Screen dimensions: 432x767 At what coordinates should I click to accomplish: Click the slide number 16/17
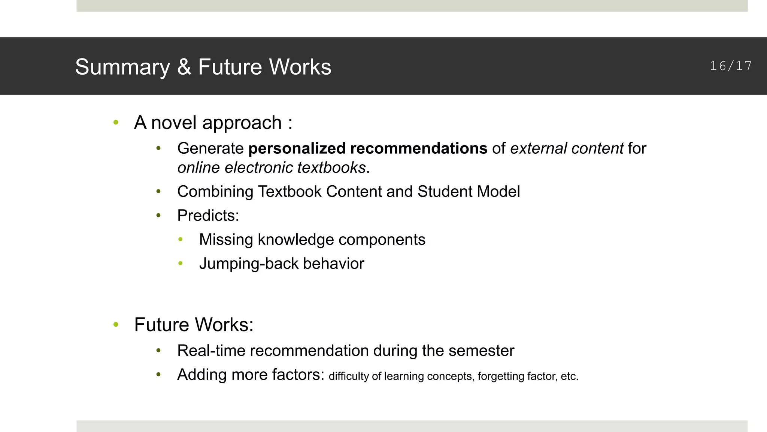tap(731, 66)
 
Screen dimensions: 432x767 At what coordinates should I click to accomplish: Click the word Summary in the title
tap(122, 67)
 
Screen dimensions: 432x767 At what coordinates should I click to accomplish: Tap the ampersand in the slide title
tap(184, 67)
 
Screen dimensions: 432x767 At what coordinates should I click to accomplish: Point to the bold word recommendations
tap(419, 149)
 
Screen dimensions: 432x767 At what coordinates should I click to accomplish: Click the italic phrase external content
tap(567, 149)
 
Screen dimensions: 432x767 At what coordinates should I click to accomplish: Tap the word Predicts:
tap(208, 216)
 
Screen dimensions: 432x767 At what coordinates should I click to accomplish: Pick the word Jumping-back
tap(249, 264)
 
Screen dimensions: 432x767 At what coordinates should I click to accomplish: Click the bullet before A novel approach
tap(116, 122)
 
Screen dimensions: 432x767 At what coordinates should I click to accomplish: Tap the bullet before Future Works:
tap(116, 324)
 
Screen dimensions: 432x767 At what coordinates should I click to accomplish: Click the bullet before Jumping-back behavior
tap(181, 264)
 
